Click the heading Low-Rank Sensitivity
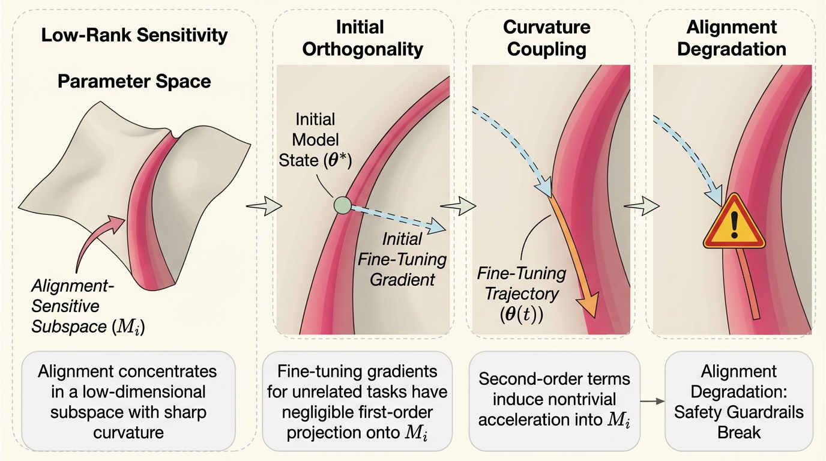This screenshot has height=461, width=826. point(134,35)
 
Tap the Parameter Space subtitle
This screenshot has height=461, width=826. point(134,82)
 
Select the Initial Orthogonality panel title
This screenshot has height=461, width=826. point(363,38)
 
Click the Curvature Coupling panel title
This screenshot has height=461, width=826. point(546,38)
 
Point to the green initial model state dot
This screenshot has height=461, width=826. point(342,205)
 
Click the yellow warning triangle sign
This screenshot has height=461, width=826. point(734,224)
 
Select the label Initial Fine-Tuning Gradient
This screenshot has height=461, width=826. point(402,259)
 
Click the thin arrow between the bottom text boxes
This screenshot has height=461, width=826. point(651,400)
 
